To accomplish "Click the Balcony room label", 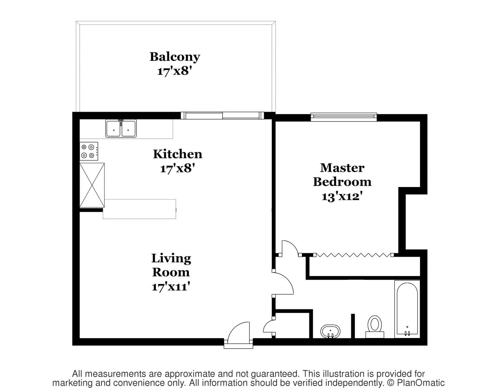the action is tap(175, 57).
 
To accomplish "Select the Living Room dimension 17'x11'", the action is tap(171, 287).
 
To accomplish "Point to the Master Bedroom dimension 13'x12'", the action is tap(341, 197).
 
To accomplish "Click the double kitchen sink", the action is tap(121, 128).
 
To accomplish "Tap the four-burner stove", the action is tap(89, 151).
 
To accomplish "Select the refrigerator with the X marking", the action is tap(92, 185).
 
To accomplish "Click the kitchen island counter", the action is tap(139, 209).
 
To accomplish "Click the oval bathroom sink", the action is tap(330, 331).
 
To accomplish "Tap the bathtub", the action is tap(407, 309).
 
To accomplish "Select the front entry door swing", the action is tap(238, 332).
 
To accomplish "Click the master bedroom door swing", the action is tap(290, 248).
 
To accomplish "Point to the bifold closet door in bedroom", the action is tap(354, 255).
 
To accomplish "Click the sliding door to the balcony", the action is tap(222, 115).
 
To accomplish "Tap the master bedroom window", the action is tap(344, 117).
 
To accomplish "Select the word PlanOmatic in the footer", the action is tap(421, 383).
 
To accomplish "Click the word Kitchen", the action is tap(177, 154).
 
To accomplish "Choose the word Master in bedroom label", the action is tap(342, 168).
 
